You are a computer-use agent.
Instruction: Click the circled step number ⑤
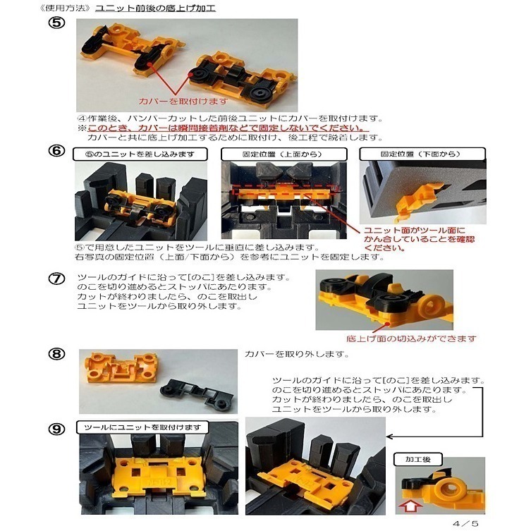pos(58,24)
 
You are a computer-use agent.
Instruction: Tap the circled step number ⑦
pos(57,279)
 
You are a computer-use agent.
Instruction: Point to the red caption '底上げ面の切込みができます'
pos(412,338)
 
